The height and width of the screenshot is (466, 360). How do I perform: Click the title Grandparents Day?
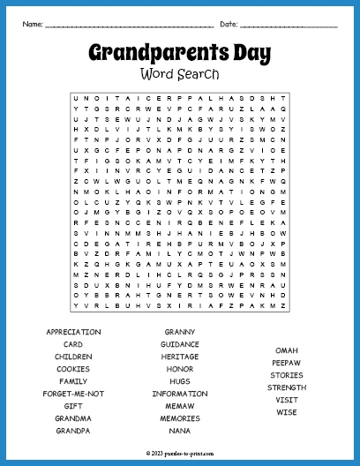pos(179,53)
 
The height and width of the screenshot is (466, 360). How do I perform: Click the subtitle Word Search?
pos(179,74)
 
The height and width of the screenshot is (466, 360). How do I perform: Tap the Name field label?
pos(33,23)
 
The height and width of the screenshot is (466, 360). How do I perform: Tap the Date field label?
pos(229,23)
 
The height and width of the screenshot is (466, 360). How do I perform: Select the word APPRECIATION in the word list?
pos(73,332)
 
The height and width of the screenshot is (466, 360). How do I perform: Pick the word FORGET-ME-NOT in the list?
pos(73,394)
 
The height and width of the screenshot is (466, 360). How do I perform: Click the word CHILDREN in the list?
pos(73,357)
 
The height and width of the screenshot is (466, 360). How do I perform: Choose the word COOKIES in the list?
pos(73,369)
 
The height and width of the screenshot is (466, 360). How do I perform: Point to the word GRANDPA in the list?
pos(73,431)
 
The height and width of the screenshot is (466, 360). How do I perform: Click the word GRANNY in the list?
pos(180,332)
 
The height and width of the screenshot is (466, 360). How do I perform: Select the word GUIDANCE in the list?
pos(180,344)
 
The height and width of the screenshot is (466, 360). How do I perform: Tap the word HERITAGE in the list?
pos(180,357)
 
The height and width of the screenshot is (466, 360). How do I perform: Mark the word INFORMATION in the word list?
pos(180,394)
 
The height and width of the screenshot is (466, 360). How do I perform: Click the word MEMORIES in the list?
pos(180,418)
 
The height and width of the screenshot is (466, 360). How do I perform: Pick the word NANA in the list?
pos(180,431)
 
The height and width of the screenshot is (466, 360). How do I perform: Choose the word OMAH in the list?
pos(287,350)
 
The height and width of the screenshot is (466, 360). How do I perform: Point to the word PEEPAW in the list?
pos(287,363)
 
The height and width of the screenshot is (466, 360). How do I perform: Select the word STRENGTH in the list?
pos(287,387)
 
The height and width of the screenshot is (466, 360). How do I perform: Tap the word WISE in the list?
pos(287,412)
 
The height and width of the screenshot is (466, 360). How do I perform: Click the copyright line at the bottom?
pos(180,450)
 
